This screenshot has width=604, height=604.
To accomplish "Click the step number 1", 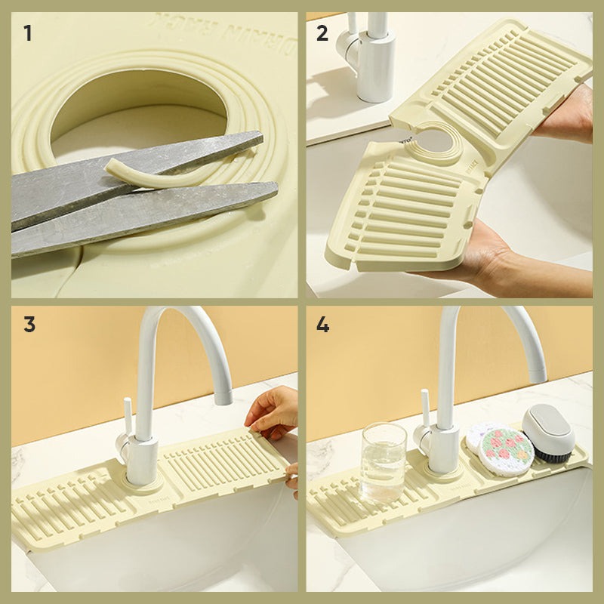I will (28, 33).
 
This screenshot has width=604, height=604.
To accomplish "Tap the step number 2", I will (323, 33).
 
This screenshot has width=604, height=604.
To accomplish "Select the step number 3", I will (29, 325).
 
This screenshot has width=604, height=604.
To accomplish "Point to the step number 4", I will (323, 325).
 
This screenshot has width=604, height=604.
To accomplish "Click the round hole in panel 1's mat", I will (140, 106).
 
